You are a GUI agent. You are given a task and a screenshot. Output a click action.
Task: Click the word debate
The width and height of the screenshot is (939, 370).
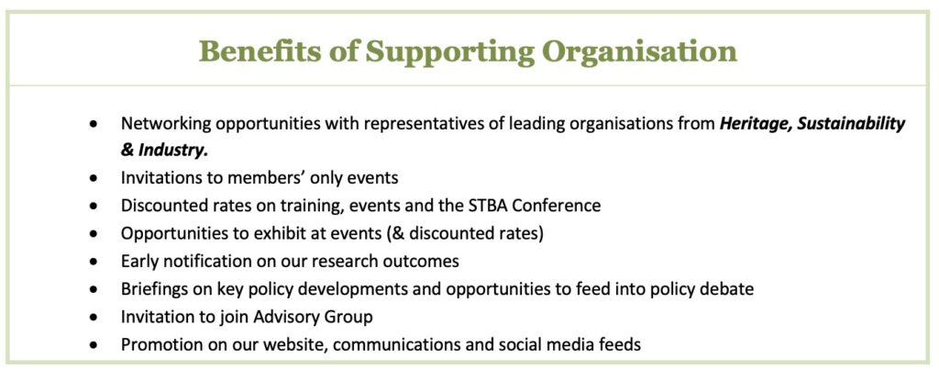727,288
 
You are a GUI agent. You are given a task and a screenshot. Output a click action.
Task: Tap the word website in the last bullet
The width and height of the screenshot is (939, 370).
311,344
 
